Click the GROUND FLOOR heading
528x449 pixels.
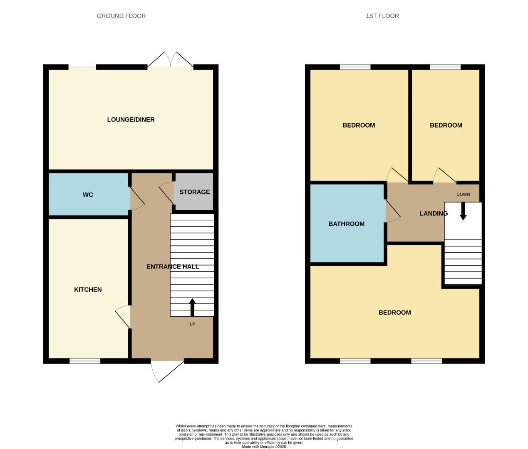coord(121,16)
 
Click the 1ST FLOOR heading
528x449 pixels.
coord(382,16)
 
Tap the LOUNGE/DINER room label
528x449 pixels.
coord(131,120)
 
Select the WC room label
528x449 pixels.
coord(88,195)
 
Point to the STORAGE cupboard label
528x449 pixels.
coord(194,192)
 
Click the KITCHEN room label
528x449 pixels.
coord(88,290)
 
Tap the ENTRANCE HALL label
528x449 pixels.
coord(172,267)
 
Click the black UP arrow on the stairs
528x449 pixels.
coord(192,307)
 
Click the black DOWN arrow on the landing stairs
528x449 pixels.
coord(463,211)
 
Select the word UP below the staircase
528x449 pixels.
coord(192,324)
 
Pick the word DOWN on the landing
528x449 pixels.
coord(463,195)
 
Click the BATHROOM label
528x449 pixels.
coord(346,224)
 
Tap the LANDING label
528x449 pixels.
coord(433,214)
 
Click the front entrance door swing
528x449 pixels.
coord(166,370)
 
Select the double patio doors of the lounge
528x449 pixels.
coord(170,60)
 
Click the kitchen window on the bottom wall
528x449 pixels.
coord(85,361)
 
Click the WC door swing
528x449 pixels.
coord(136,198)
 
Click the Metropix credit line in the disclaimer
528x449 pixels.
coord(264,447)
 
